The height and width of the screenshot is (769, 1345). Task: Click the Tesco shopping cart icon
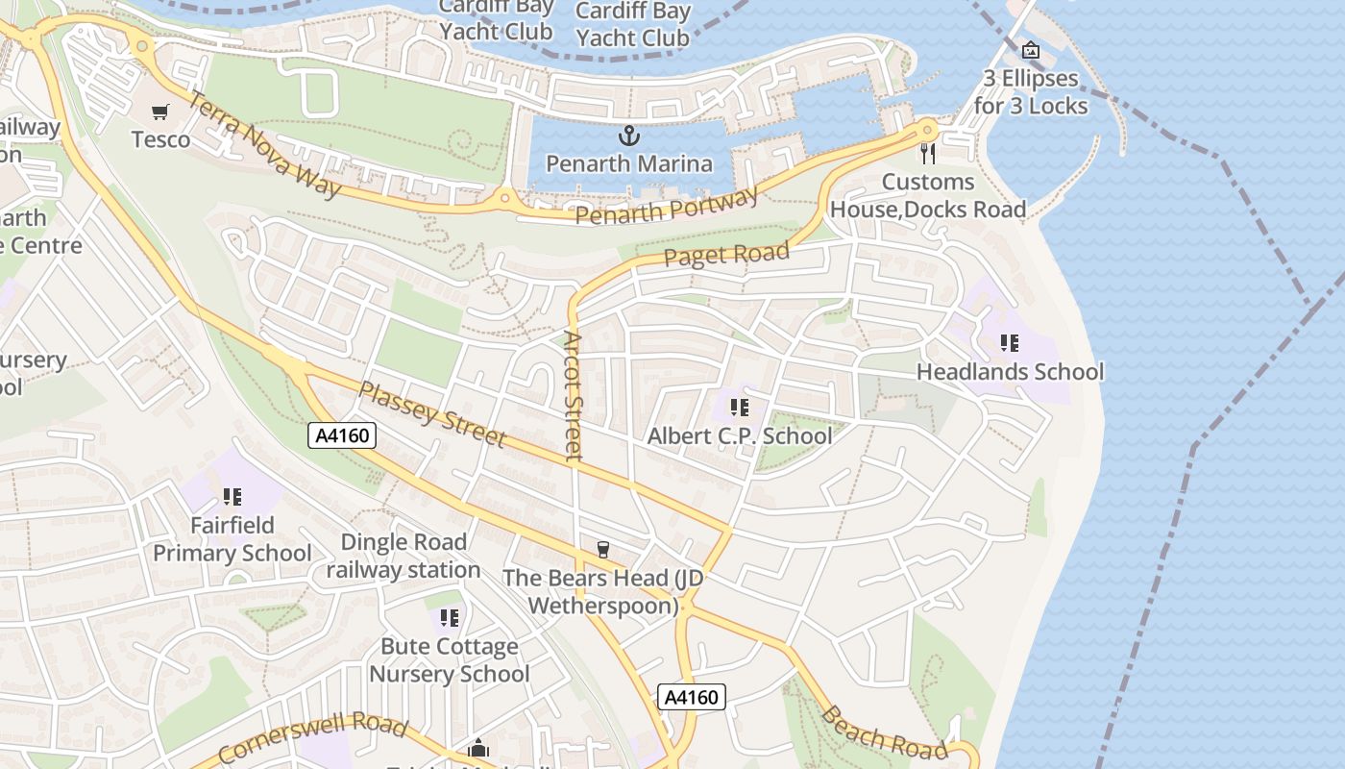160,112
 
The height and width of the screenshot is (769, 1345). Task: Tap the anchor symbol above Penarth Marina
629,136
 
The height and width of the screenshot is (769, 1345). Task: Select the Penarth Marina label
629,163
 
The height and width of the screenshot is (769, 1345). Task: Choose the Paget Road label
726,256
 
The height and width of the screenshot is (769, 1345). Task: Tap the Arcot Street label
574,396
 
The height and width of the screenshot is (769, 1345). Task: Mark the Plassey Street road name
431,414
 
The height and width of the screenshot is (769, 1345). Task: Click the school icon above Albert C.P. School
739,408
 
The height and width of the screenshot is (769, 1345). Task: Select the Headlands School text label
1010,371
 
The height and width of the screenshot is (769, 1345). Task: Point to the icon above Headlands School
1009,342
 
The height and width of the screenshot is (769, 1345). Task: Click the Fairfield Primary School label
232,539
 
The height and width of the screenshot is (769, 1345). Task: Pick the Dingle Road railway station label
403,556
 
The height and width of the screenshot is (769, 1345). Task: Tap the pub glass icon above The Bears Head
603,550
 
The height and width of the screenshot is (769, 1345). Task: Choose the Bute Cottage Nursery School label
450,659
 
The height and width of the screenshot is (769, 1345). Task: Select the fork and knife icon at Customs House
928,153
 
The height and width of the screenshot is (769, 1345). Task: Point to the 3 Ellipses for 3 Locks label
1031,91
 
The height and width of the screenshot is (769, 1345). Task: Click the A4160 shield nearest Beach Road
691,697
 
